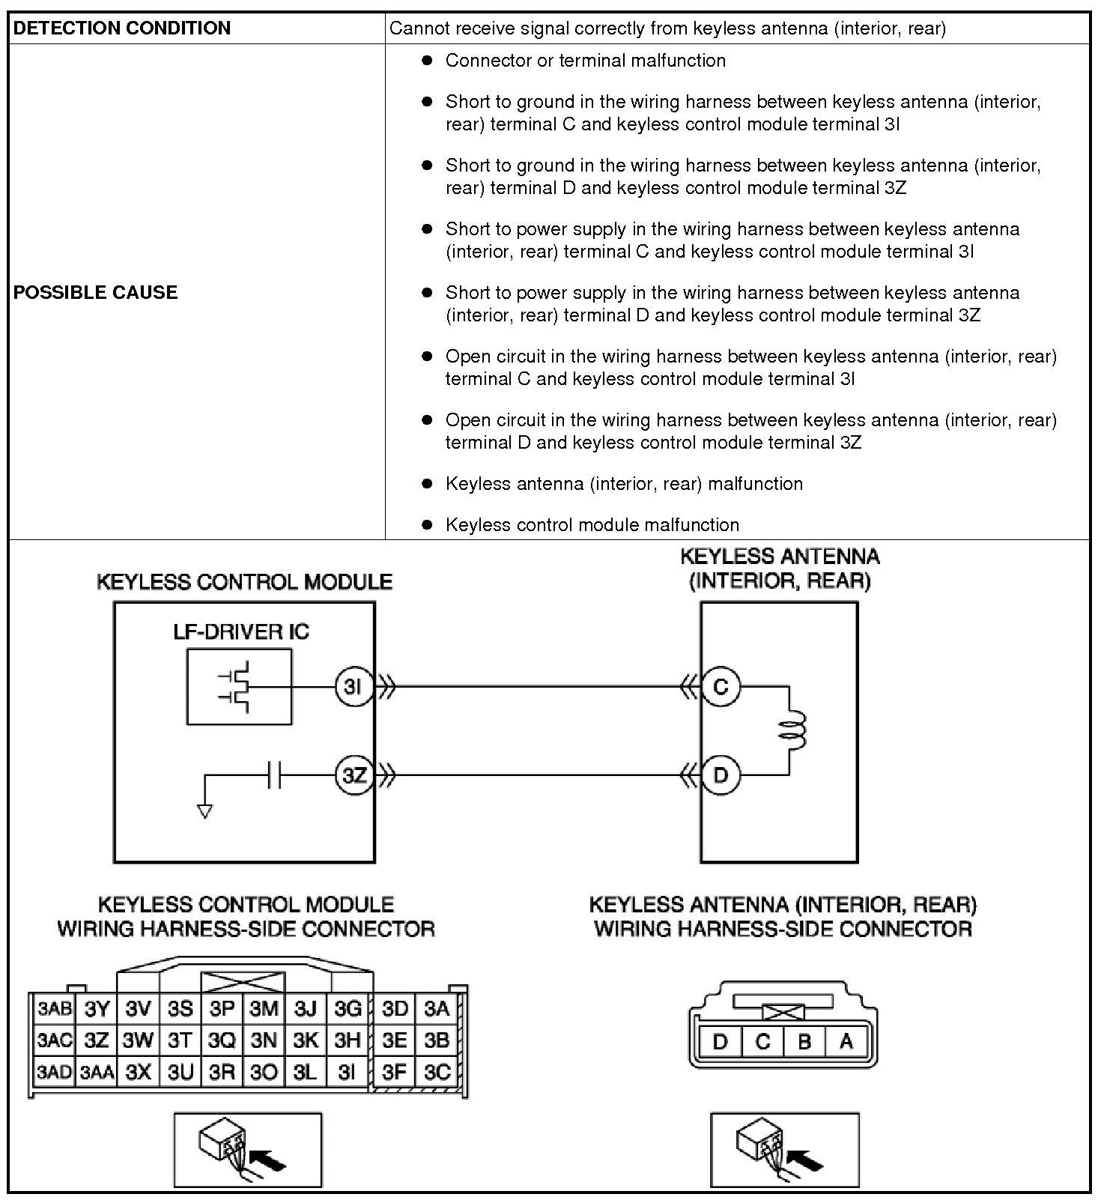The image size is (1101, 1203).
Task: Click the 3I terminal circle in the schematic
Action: coord(354,686)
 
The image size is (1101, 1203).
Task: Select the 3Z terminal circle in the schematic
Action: coord(354,775)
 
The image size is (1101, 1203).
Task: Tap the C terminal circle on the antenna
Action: coord(721,686)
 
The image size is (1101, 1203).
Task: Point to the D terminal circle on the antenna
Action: coord(721,775)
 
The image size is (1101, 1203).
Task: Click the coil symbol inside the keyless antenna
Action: coord(793,730)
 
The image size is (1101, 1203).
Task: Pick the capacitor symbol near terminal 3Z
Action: coord(274,775)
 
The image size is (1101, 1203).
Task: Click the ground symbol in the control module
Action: coord(204,810)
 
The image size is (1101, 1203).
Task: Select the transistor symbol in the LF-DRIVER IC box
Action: coord(238,686)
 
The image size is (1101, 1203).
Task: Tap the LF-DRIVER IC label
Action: coord(240,631)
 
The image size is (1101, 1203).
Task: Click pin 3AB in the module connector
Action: coord(55,1008)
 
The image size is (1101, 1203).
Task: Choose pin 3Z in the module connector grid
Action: coord(97,1040)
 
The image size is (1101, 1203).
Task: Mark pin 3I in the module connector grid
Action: coord(347,1072)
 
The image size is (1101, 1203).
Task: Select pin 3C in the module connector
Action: coord(437,1072)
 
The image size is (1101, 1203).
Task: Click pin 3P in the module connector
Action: coord(222,1008)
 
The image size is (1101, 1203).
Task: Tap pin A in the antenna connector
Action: coord(846,1041)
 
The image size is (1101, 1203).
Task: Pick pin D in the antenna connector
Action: coord(721,1041)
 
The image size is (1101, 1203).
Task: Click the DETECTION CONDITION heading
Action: coord(122,28)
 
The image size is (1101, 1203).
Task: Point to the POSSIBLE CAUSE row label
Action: coord(96,292)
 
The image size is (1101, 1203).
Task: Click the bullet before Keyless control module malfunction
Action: coord(427,524)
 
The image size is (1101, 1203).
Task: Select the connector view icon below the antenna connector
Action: coord(784,1150)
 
